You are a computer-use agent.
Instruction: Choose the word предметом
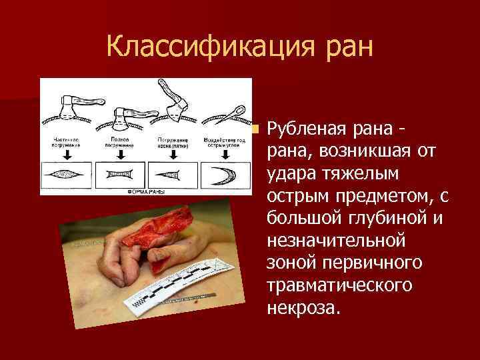pyautogui.click(x=382, y=197)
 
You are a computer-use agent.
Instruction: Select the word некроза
pyautogui.click(x=303, y=309)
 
